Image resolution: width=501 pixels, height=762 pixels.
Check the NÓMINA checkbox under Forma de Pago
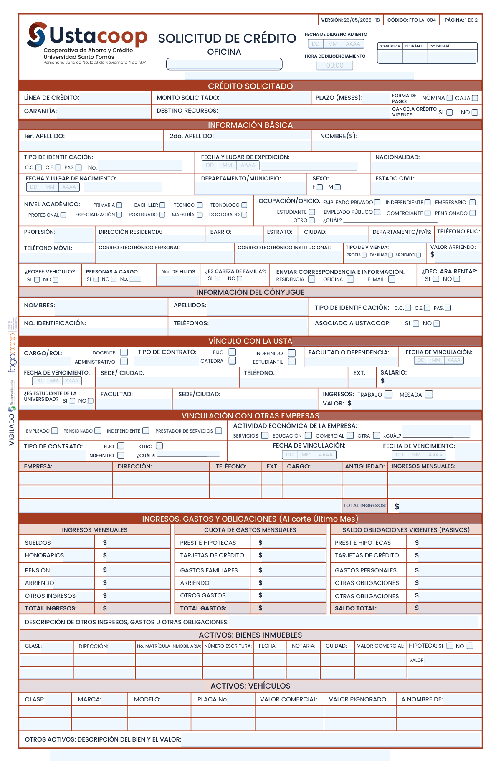point(450,98)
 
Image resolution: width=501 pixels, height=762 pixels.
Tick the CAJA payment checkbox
point(475,98)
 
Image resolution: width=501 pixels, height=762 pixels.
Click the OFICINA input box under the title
point(224,64)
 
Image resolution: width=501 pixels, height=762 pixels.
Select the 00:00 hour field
point(335,66)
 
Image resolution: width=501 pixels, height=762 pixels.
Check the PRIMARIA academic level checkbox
point(119,205)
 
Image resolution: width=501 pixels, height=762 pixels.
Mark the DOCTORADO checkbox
point(244,215)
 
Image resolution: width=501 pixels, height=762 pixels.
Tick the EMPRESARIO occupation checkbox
point(473,202)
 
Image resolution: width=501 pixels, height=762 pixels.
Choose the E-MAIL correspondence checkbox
point(392,279)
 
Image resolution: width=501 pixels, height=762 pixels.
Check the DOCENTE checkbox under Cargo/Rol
point(124,352)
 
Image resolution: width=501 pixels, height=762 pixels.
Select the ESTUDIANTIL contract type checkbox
point(292,362)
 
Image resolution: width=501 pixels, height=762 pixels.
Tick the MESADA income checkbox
point(429,394)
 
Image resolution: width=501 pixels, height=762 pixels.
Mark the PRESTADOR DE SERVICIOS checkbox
point(218,430)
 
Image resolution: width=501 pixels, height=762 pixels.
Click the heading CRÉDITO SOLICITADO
point(250,86)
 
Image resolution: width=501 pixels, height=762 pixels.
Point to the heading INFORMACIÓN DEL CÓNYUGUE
point(250,292)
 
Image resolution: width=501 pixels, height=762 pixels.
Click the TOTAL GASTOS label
point(203,608)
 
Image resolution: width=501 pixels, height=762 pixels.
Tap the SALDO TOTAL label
point(355,608)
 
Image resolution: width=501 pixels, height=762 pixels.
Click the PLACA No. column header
point(213,699)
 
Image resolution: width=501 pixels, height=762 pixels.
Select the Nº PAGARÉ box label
point(440,46)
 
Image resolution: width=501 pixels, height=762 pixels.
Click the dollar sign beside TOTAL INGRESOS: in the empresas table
point(397,506)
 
